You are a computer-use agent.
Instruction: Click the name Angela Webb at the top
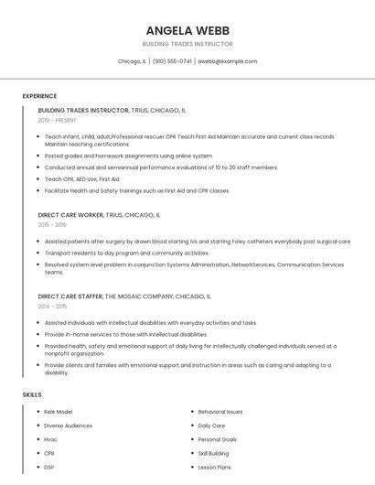pos(187,29)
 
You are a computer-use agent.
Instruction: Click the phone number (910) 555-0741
pos(172,61)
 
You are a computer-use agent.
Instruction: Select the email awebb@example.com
pos(228,61)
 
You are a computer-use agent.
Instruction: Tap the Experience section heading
pos(39,96)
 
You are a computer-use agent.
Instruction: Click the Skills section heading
pos(32,394)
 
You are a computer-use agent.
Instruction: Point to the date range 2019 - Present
pos(57,120)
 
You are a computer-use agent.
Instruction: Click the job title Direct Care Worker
pos(70,215)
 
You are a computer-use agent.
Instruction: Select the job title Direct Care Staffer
pos(70,296)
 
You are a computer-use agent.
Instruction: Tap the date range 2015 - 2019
pos(52,224)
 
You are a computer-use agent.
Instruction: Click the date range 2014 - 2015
pos(52,306)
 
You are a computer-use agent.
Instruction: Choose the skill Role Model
pos(59,412)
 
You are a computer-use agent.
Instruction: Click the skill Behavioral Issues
pos(220,412)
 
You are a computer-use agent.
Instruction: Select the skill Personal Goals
pos(218,439)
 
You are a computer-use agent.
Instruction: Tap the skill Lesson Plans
pos(215,467)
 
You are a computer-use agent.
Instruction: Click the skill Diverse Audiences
pos(68,426)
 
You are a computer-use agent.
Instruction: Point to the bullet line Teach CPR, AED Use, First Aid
pos(82,179)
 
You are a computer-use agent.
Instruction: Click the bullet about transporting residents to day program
pos(127,253)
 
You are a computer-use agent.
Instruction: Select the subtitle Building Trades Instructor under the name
pos(187,44)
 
